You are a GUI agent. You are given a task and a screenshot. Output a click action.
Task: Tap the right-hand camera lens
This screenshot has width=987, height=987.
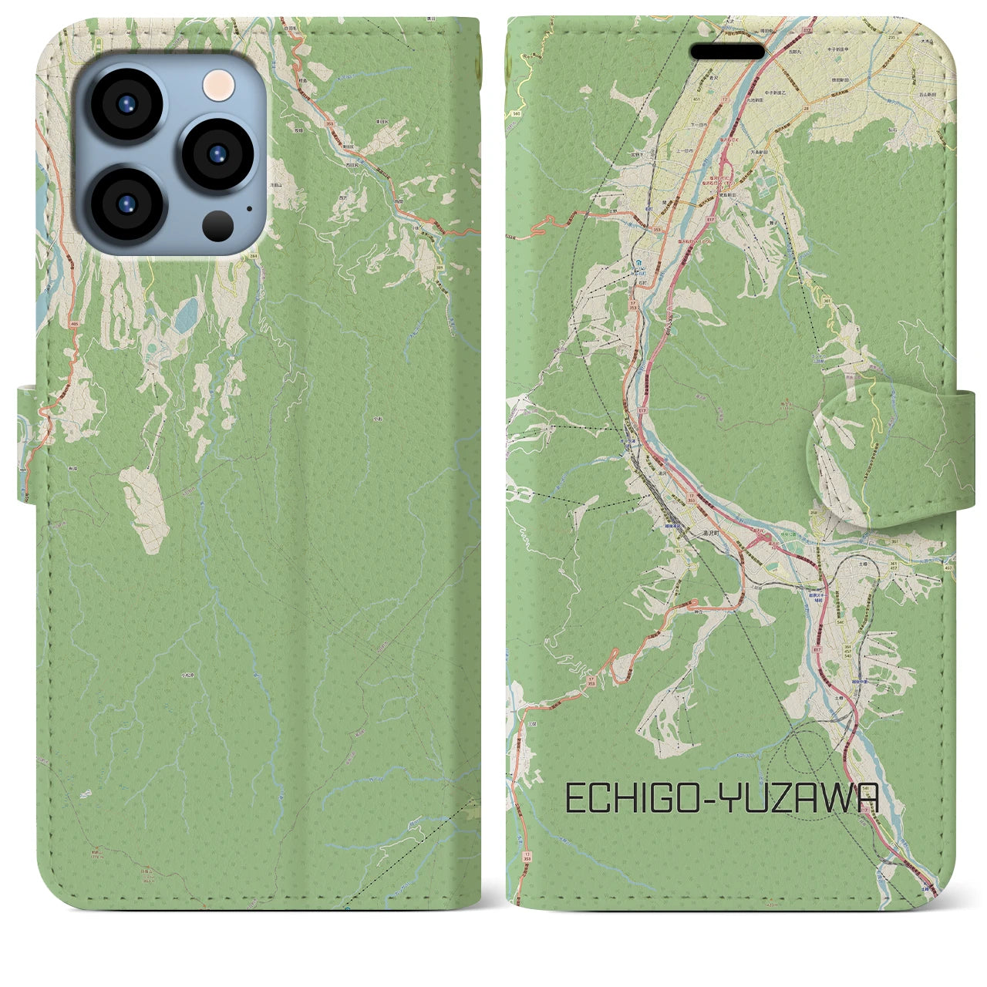[217, 152]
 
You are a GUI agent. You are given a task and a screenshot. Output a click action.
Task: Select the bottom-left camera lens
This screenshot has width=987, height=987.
[126, 202]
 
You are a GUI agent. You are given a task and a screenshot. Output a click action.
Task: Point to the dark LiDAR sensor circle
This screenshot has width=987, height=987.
[219, 225]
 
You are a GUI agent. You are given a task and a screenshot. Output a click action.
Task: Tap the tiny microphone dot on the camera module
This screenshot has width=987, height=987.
[248, 208]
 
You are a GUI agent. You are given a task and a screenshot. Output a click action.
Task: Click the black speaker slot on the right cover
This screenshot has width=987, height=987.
[727, 52]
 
